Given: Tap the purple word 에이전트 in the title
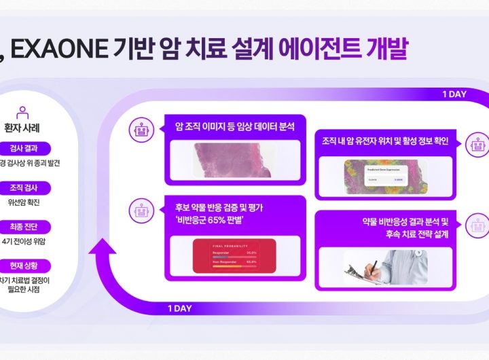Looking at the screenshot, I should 319,50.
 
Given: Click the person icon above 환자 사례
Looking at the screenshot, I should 22,112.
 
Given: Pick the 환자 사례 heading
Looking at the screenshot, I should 23,126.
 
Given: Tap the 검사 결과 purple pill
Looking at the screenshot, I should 23,149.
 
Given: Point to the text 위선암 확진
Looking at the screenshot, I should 23,202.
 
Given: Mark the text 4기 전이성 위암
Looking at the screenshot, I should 24,240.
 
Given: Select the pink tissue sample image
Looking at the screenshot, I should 235,158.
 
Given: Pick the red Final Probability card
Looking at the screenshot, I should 234,255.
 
